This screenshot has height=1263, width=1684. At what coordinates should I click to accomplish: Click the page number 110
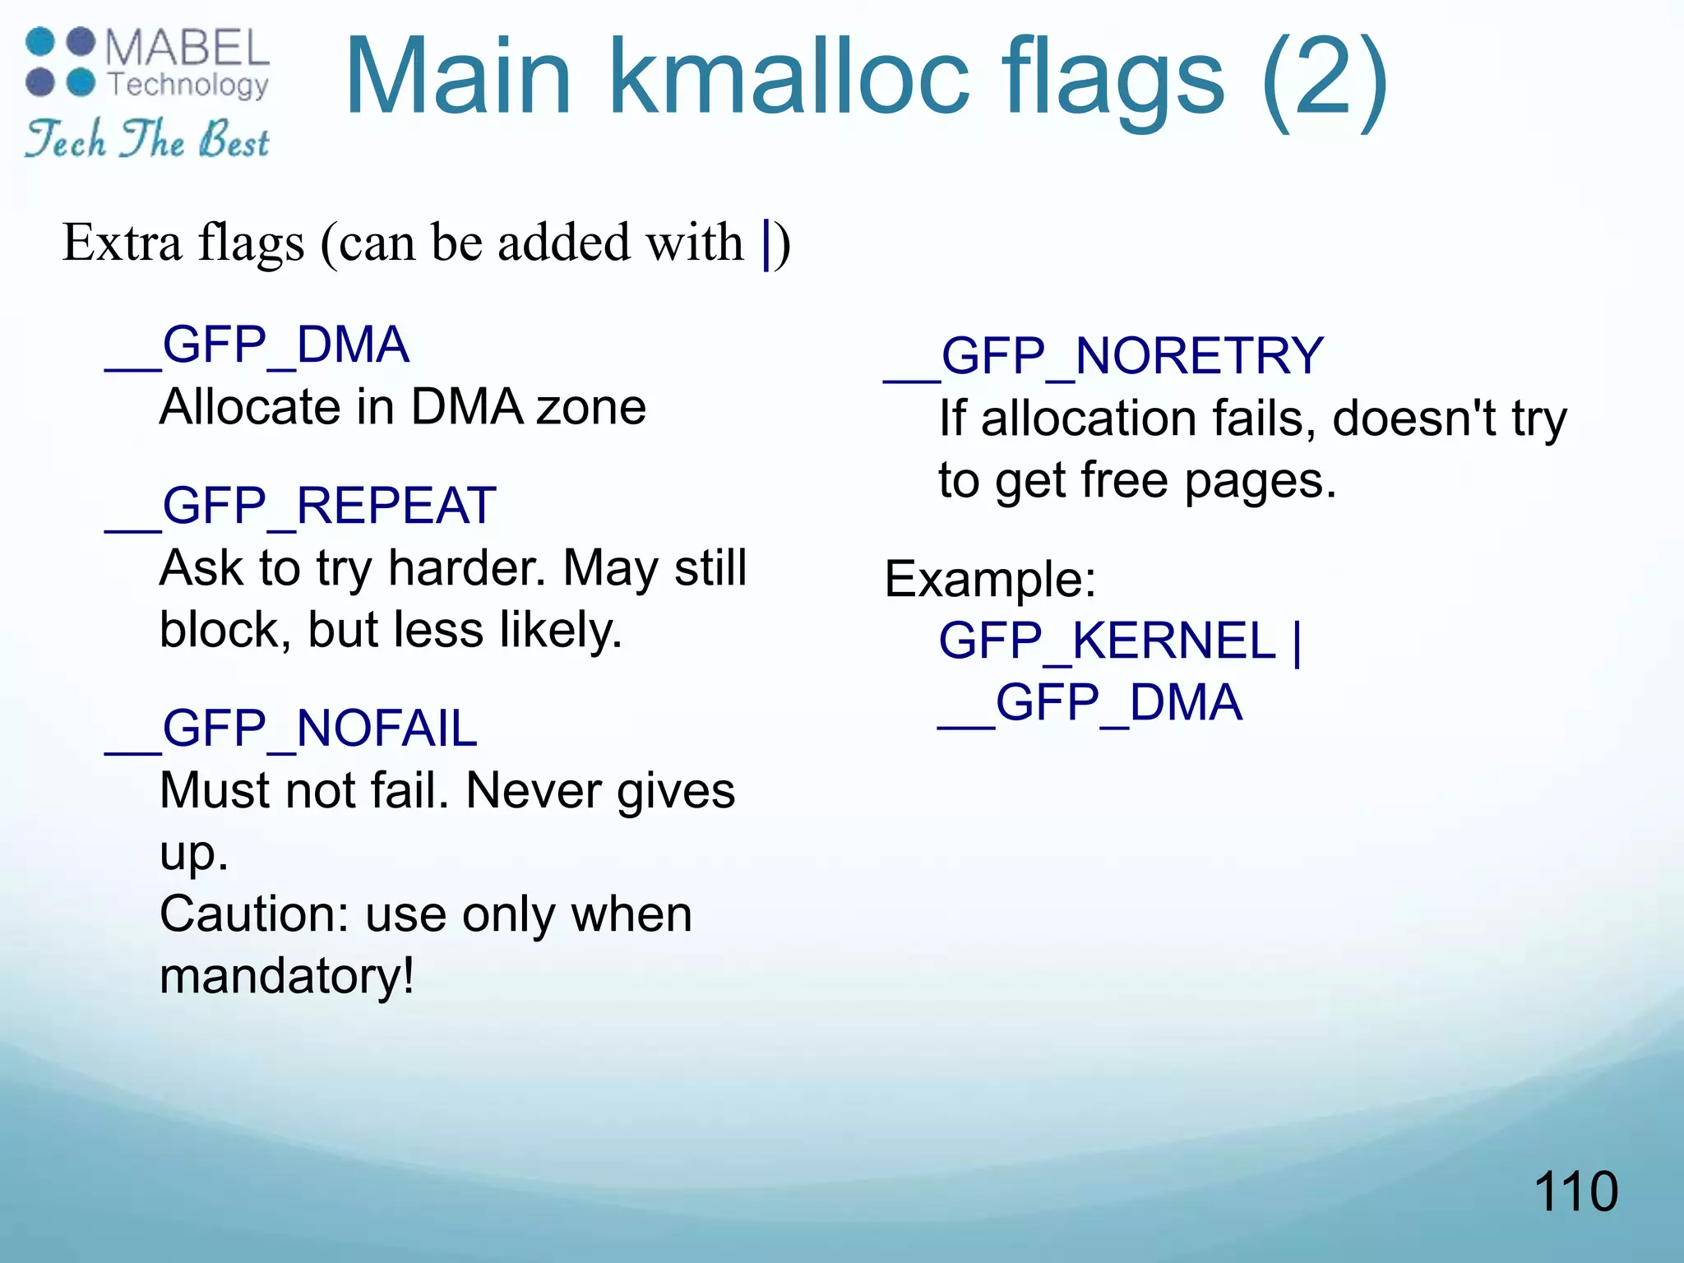1575,1191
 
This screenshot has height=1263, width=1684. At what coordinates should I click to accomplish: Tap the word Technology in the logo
188,85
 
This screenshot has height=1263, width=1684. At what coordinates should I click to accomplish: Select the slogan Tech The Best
147,139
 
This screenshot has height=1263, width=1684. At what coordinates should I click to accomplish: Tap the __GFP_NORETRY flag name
1103,356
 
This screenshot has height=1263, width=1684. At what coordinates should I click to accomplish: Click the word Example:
990,578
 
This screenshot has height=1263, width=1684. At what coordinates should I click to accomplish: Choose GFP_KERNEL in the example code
1107,641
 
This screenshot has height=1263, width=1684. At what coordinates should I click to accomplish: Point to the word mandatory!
287,976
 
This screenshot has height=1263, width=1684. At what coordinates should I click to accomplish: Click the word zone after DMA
591,407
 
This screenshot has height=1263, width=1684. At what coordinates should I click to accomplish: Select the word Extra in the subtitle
122,243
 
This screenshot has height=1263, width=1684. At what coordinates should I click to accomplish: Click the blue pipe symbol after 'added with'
766,243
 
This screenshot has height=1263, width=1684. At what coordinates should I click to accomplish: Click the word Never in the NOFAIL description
534,790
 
